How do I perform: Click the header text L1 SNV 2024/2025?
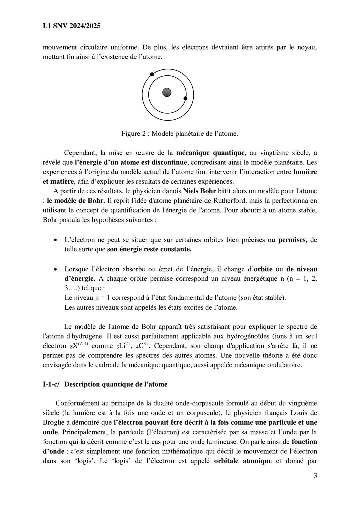pos(71,26)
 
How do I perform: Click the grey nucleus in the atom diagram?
pos(167,92)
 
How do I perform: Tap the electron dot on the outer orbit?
pos(152,74)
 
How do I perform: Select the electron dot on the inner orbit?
pos(186,98)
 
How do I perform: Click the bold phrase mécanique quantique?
pos(211,153)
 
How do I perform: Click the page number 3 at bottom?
pos(315,476)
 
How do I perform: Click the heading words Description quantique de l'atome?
pos(116,384)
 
